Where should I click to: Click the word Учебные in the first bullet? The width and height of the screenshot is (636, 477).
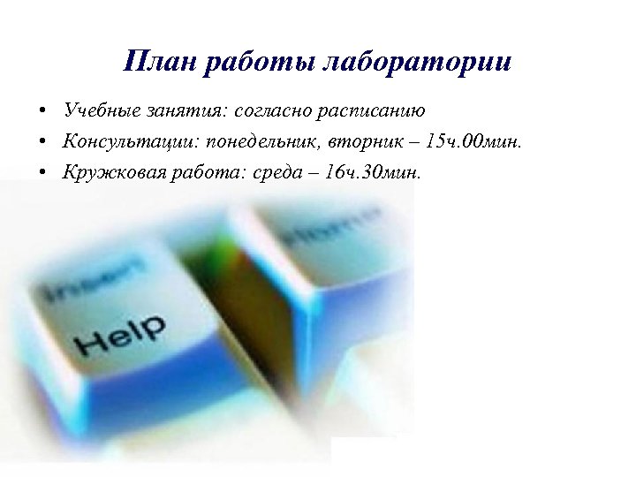pyautogui.click(x=100, y=111)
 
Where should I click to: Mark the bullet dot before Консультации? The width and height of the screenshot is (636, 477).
pyautogui.click(x=42, y=142)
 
